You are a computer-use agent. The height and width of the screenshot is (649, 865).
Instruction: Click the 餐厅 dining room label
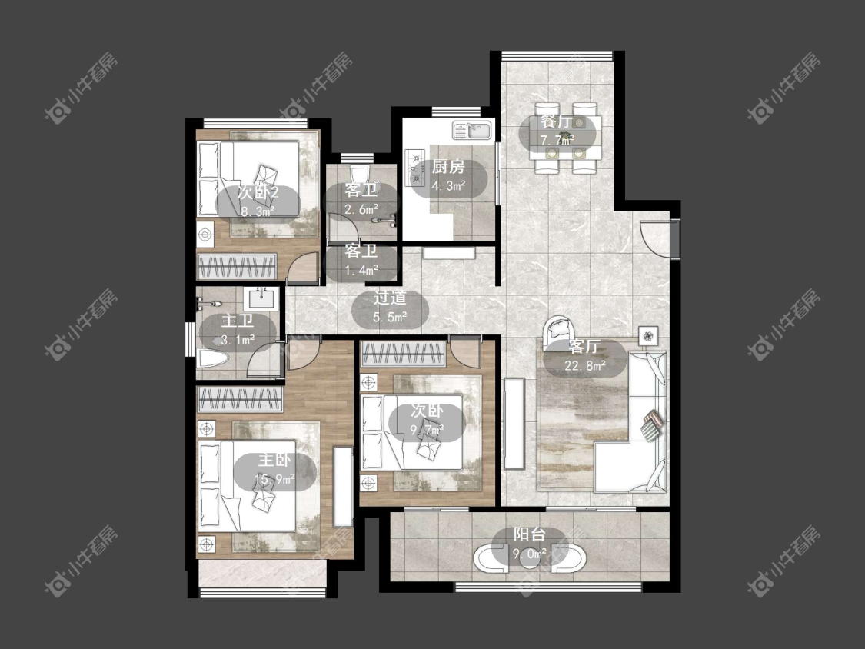point(555,121)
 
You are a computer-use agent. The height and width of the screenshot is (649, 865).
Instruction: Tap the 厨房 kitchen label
point(448,167)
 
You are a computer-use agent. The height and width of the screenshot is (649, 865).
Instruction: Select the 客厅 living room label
point(585,347)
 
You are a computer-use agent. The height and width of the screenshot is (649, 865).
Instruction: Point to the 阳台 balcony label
point(530,534)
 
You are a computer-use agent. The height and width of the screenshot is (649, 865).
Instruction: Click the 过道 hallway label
point(390,298)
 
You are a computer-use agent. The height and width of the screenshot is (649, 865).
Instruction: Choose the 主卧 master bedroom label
point(274,460)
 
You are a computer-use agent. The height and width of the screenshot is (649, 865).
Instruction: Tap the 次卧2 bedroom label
point(258,192)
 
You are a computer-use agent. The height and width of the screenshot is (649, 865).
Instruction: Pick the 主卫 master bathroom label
point(238,321)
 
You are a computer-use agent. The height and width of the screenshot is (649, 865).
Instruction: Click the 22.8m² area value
point(585,365)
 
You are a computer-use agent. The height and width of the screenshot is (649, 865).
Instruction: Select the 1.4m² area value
point(361,270)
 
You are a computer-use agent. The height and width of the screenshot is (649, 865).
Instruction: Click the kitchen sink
point(472,131)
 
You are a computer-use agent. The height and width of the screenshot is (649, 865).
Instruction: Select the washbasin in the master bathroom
point(261,298)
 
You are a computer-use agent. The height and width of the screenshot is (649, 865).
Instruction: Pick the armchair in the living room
point(558,332)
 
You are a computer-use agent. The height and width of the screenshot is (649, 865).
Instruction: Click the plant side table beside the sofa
point(649,335)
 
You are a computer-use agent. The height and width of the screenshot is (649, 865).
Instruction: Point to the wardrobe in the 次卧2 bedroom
point(237,268)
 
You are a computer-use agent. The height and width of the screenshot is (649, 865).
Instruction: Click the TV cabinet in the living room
point(514,423)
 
